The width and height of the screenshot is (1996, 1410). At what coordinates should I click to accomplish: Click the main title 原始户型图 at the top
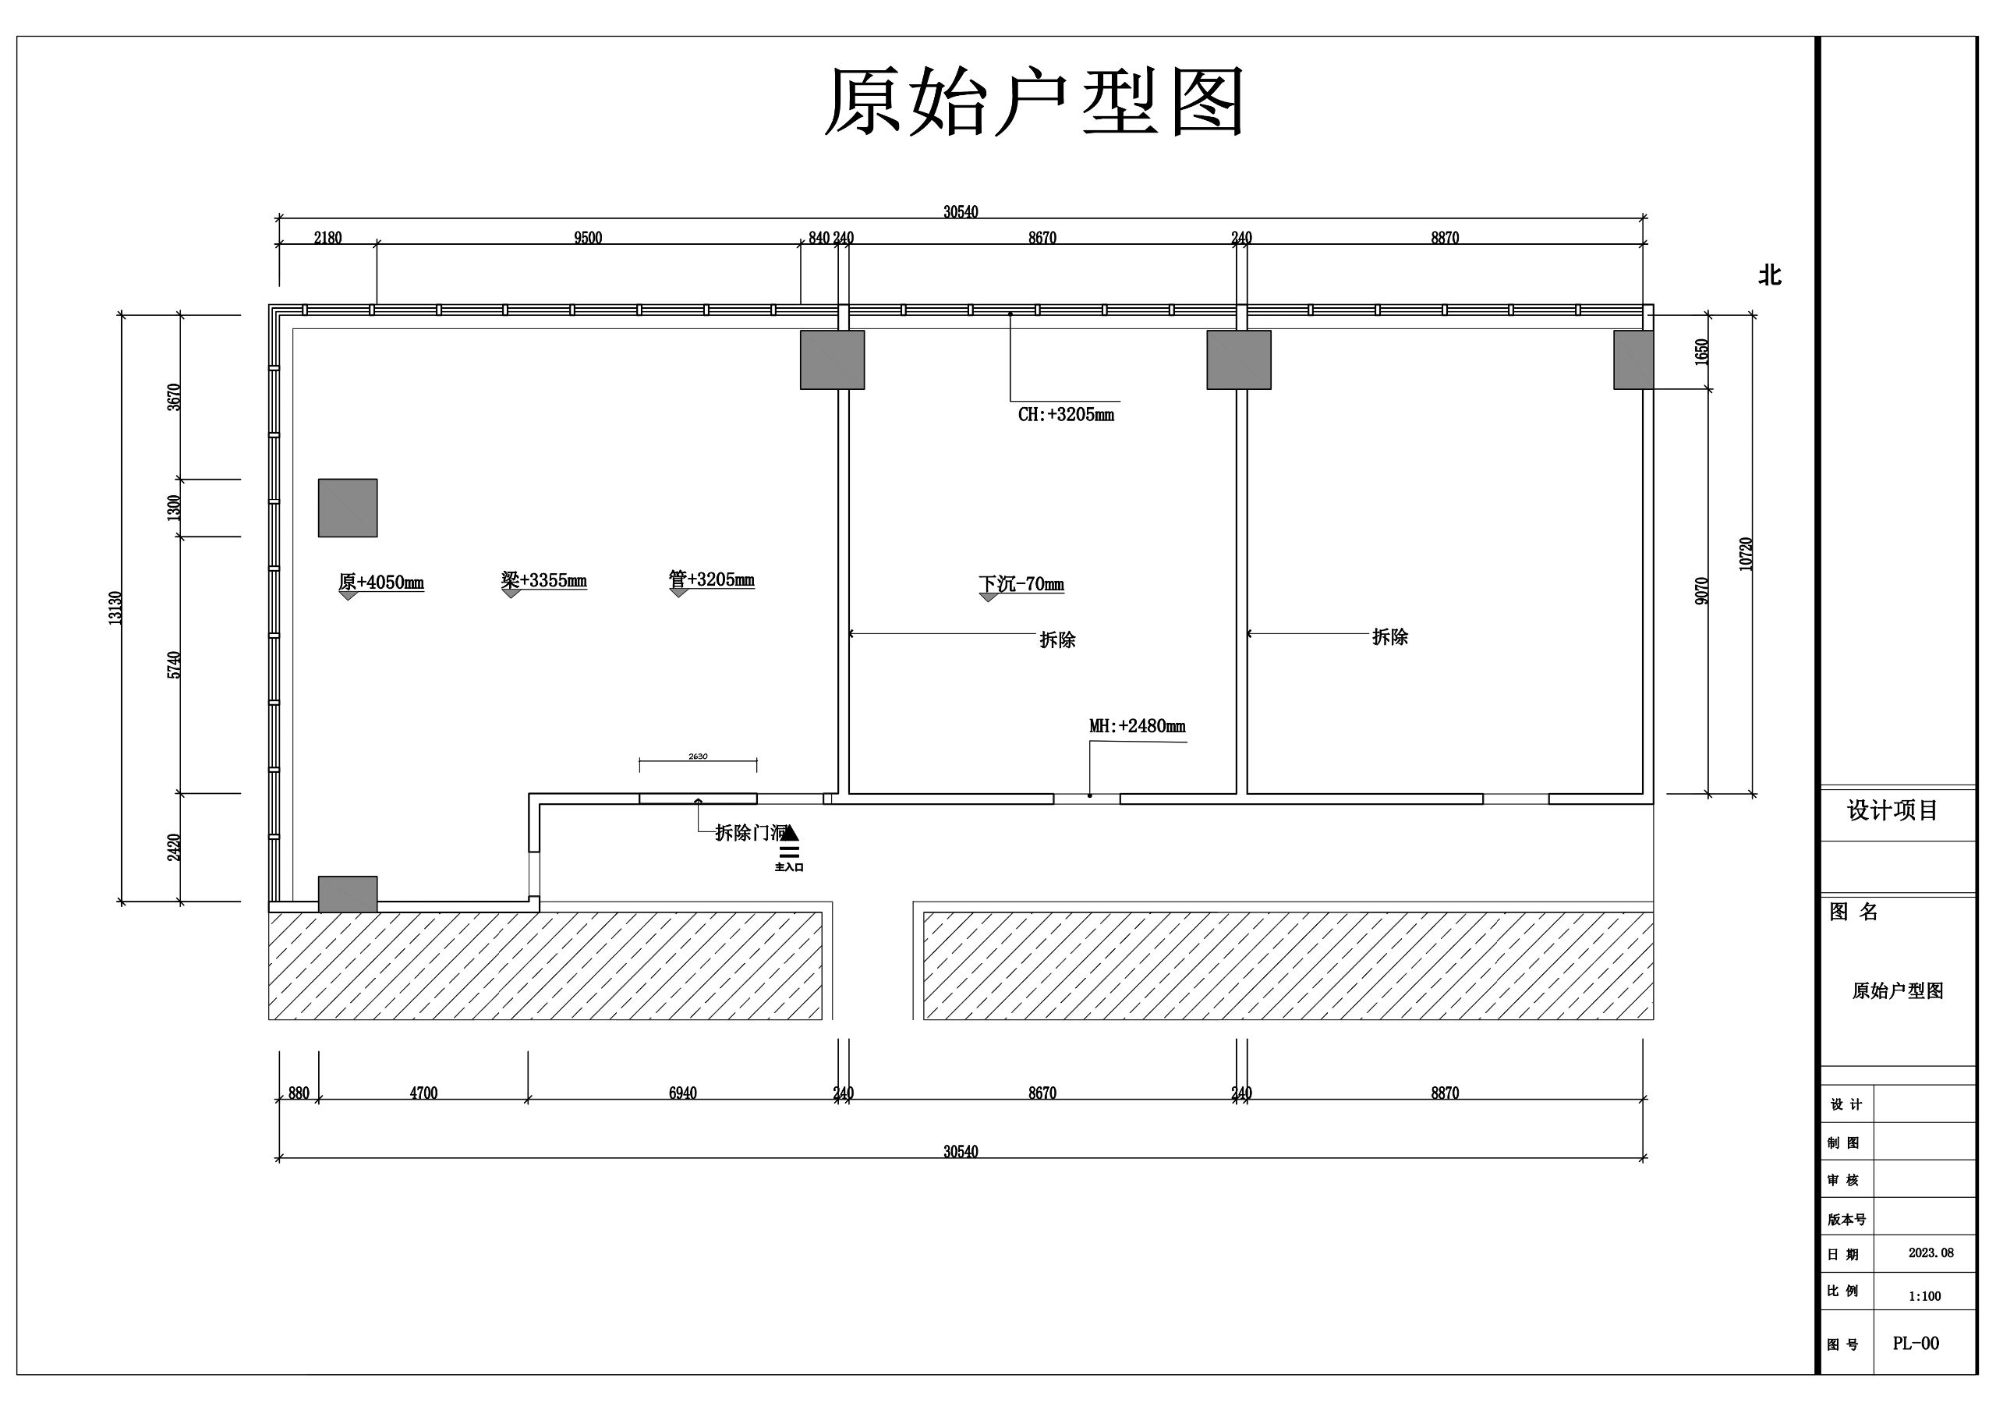(1034, 103)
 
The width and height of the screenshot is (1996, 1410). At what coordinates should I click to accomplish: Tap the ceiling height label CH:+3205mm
(1066, 415)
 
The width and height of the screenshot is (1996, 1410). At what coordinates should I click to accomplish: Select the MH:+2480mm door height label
(1137, 726)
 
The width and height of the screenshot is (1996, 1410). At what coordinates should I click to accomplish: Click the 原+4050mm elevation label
(380, 583)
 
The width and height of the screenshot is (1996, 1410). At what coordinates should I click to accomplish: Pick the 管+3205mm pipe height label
(711, 579)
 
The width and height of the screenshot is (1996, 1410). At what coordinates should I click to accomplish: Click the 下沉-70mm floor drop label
(1021, 583)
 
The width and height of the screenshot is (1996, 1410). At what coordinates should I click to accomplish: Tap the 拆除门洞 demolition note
(749, 833)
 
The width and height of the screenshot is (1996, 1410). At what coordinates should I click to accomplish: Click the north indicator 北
(1769, 275)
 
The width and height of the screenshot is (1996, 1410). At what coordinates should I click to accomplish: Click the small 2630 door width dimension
(698, 756)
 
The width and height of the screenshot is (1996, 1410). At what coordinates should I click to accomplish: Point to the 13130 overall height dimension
(115, 608)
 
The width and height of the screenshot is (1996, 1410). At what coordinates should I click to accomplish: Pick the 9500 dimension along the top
(588, 238)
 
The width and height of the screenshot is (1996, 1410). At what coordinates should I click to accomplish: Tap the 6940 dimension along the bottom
(682, 1093)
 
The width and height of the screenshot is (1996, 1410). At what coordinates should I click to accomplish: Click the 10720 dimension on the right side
(1746, 554)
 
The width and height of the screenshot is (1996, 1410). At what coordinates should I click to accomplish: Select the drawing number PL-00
(1915, 1343)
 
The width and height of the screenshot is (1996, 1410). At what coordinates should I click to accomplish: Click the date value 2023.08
(1931, 1252)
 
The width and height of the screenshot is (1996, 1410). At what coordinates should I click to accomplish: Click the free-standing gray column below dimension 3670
(348, 508)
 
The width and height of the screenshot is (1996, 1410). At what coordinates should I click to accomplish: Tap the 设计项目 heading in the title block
(1892, 811)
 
